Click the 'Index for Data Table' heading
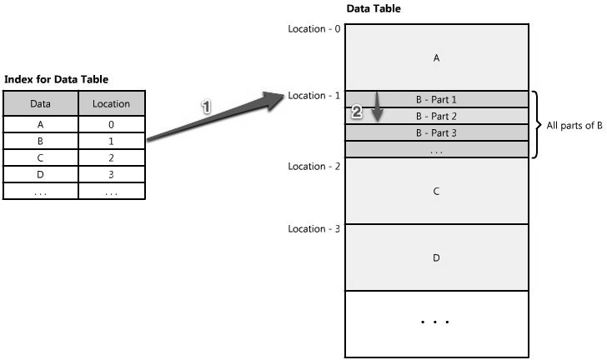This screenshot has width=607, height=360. pyautogui.click(x=57, y=79)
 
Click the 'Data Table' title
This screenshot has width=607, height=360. pyautogui.click(x=373, y=8)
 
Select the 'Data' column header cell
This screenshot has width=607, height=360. pyautogui.click(x=40, y=104)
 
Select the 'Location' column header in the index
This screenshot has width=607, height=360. pyautogui.click(x=112, y=104)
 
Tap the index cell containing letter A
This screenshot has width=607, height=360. pyautogui.click(x=40, y=124)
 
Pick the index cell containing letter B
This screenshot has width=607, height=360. pyautogui.click(x=40, y=141)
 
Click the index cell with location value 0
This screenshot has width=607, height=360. pyautogui.click(x=112, y=124)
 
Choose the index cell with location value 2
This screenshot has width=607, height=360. pyautogui.click(x=112, y=157)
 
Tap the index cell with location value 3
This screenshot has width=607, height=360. pyautogui.click(x=112, y=174)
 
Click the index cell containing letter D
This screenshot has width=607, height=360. pyautogui.click(x=40, y=174)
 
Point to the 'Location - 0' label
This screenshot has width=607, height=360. pyautogui.click(x=314, y=28)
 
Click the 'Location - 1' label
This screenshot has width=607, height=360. pyautogui.click(x=314, y=95)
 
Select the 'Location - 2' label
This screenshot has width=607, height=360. pyautogui.click(x=314, y=166)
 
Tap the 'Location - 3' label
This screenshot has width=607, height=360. pyautogui.click(x=314, y=228)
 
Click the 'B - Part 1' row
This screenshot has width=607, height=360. pyautogui.click(x=436, y=99)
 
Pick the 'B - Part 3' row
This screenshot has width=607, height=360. pyautogui.click(x=436, y=132)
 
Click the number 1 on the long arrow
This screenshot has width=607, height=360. pyautogui.click(x=208, y=107)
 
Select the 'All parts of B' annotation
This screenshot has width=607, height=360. pyautogui.click(x=574, y=126)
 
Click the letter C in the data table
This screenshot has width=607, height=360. pyautogui.click(x=436, y=191)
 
